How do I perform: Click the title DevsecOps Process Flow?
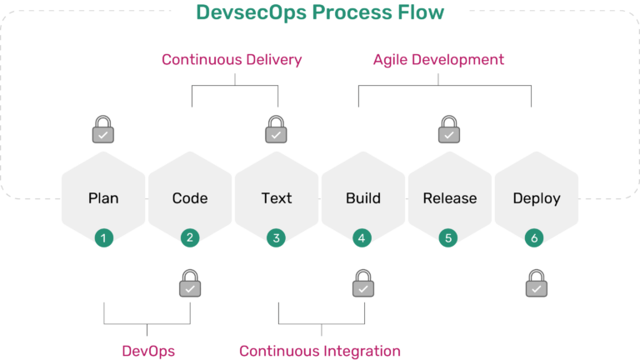tap(320, 12)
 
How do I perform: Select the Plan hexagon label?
tap(103, 198)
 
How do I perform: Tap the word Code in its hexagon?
tap(190, 198)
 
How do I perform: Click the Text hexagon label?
tap(277, 198)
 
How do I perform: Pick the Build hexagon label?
tap(363, 198)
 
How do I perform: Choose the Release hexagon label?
tap(450, 198)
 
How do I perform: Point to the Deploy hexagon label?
tap(537, 198)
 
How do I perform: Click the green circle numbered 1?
tap(103, 237)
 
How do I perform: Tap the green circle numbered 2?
tap(190, 237)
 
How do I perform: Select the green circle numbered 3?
tap(277, 237)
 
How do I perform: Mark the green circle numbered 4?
tap(363, 237)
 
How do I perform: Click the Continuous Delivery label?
tap(232, 60)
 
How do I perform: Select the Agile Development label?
tap(438, 60)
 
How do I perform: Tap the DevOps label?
tap(148, 351)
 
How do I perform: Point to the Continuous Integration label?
tap(320, 351)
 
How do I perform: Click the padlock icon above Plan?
tap(103, 131)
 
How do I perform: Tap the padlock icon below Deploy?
tap(537, 285)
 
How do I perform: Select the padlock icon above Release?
tap(450, 131)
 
